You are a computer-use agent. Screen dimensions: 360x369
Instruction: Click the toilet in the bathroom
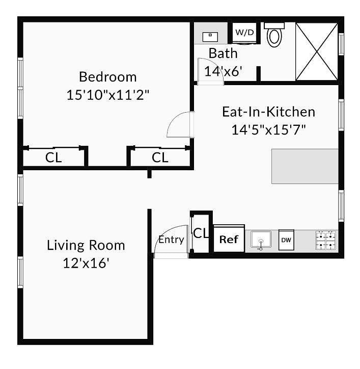tap(274, 35)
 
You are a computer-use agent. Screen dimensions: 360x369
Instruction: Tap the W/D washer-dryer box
tap(244, 33)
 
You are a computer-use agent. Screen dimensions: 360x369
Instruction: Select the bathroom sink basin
tap(210, 37)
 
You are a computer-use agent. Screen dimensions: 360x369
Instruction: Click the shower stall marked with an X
tap(317, 51)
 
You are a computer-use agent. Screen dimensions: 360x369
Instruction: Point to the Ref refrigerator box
tap(229, 239)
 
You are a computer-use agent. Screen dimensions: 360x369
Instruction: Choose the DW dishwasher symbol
tap(286, 240)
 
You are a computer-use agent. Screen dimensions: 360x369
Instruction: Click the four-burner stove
tap(326, 240)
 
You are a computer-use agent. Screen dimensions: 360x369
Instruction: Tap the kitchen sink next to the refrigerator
tap(261, 240)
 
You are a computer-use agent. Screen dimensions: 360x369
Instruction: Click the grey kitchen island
tap(305, 166)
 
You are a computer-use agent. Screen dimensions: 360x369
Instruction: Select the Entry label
tap(171, 240)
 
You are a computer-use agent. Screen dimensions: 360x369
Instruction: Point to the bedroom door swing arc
tap(176, 120)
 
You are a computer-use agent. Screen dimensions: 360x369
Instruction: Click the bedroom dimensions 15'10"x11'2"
tap(108, 95)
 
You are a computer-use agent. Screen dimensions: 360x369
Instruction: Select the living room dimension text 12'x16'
tap(86, 263)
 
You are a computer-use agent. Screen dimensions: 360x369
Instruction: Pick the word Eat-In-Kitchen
tap(268, 112)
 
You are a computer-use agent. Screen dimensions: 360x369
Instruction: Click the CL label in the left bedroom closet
tap(53, 157)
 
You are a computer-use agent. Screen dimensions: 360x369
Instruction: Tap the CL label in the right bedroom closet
tap(160, 157)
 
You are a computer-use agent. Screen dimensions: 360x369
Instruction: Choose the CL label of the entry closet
tap(201, 233)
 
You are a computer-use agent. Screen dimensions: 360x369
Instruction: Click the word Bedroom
tap(107, 77)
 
